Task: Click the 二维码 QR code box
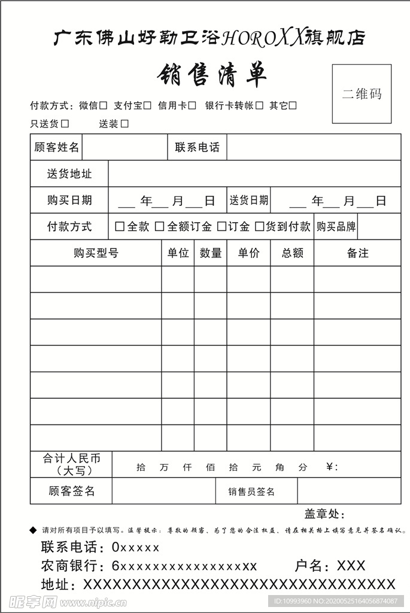tap(362, 94)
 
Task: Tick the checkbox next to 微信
tap(104, 106)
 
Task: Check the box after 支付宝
tap(147, 106)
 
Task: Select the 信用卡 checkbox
tap(192, 106)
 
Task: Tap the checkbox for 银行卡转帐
tap(259, 106)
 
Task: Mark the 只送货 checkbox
tap(65, 124)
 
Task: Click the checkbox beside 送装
tap(124, 124)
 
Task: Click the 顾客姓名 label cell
tap(56, 147)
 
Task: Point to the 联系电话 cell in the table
tap(197, 147)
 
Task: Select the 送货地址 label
tap(69, 174)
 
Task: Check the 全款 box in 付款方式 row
tap(119, 227)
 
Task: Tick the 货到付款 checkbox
tap(260, 227)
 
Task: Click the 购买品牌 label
tap(336, 227)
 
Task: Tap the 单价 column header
tap(248, 253)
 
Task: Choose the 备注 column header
tap(357, 253)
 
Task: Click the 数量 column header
tap(211, 253)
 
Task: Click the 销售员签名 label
tap(251, 491)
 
